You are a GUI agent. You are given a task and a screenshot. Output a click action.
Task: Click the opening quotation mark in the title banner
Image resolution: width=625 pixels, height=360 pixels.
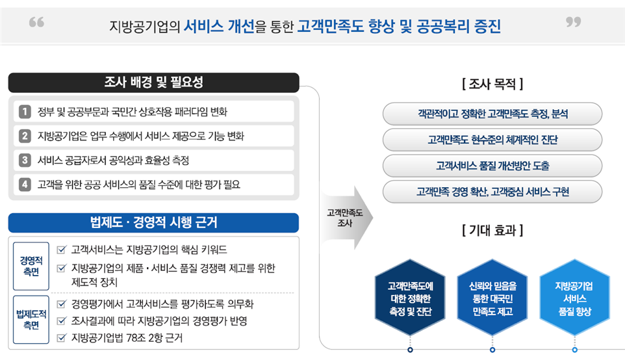(x=36, y=22)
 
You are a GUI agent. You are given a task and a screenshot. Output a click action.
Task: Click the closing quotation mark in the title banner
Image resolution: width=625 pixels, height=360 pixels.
(x=573, y=22)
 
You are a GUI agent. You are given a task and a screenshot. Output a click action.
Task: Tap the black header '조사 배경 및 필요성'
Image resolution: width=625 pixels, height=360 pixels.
(x=153, y=83)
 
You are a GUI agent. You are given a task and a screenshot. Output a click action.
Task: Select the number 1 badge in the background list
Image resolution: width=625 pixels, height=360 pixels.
(x=25, y=112)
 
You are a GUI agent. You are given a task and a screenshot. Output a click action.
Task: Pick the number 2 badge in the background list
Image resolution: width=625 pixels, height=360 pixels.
(x=25, y=136)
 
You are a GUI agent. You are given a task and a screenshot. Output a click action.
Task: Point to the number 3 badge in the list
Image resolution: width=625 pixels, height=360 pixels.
(x=25, y=161)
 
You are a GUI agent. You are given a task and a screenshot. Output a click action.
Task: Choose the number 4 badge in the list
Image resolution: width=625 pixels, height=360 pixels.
(x=25, y=185)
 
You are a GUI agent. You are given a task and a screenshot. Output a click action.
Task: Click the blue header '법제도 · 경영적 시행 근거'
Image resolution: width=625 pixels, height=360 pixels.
(x=153, y=222)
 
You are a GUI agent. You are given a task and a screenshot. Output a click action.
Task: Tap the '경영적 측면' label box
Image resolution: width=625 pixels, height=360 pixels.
(x=31, y=266)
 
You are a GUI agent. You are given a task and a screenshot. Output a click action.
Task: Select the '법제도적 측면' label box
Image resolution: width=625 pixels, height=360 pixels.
(x=31, y=319)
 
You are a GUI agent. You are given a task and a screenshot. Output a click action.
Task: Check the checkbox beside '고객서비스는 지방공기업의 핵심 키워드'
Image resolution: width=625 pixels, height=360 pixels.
(x=61, y=250)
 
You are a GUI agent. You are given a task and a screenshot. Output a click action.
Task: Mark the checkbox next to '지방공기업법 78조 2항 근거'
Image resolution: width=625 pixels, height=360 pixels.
(x=61, y=338)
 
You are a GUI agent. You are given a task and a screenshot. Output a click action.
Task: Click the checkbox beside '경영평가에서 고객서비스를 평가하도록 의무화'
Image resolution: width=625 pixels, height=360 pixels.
(x=61, y=305)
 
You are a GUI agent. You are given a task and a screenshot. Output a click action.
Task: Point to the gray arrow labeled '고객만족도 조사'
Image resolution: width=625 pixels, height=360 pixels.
(x=347, y=218)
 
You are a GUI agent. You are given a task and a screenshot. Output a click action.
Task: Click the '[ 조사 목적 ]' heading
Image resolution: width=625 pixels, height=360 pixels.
(x=492, y=84)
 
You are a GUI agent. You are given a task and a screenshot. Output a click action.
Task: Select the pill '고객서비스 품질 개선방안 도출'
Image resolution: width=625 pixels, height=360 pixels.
(x=492, y=166)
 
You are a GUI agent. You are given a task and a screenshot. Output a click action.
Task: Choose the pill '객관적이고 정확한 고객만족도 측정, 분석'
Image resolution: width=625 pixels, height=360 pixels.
(x=492, y=114)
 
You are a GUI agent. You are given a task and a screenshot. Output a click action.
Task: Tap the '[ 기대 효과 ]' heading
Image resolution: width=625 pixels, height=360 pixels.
(x=492, y=230)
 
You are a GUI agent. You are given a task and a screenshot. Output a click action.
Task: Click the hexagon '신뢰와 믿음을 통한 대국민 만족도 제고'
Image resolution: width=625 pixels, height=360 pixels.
(x=492, y=298)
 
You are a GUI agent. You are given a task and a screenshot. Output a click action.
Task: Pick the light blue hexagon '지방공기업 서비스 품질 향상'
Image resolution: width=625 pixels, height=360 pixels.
(x=574, y=298)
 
